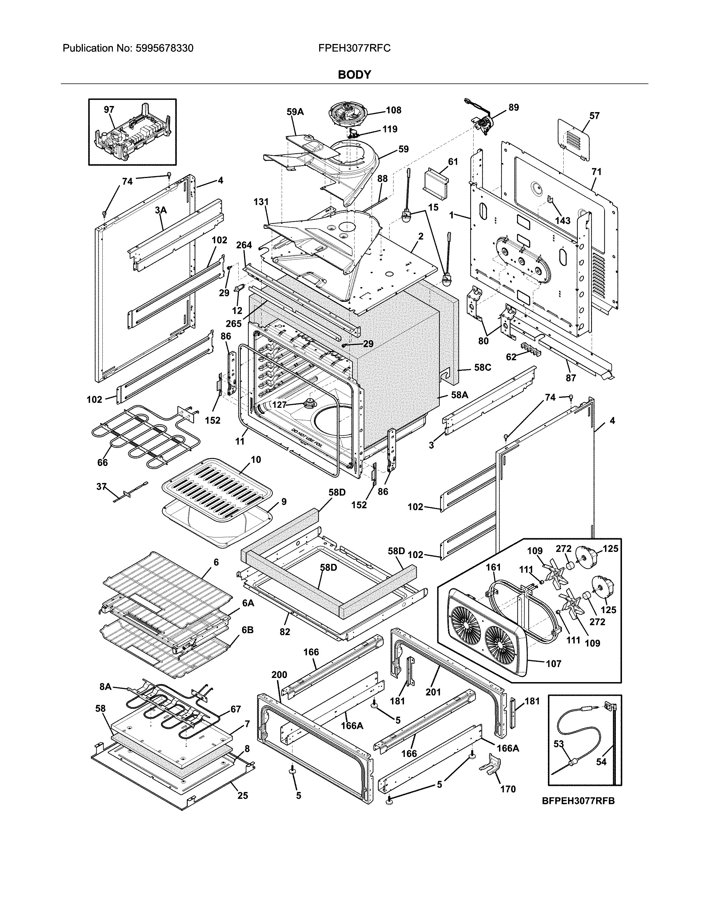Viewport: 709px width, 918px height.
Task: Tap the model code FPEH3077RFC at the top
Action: [354, 48]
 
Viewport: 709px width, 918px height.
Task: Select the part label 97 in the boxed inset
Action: [109, 110]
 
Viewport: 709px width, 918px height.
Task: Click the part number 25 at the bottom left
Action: [242, 795]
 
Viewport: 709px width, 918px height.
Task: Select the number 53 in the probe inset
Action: [558, 744]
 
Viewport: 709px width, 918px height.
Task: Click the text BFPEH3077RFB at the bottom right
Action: [578, 813]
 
